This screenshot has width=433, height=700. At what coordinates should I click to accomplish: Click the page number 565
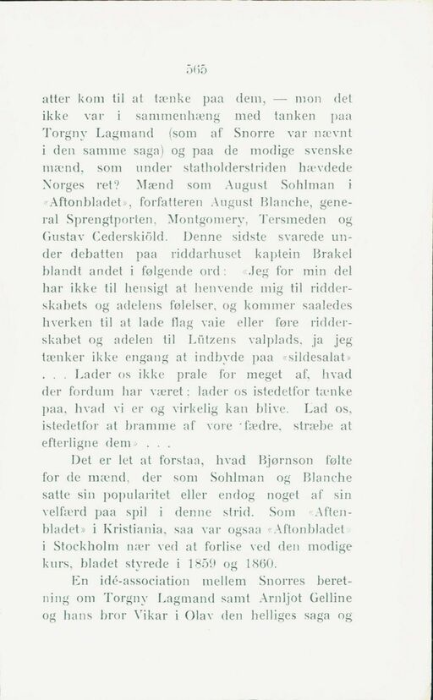tap(216, 72)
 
